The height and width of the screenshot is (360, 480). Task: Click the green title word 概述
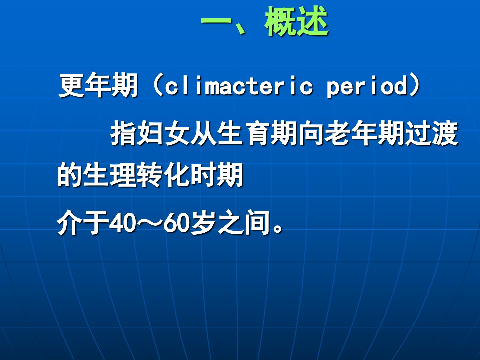click(296, 21)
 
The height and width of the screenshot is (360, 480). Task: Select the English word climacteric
click(239, 85)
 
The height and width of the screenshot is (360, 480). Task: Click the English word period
click(367, 86)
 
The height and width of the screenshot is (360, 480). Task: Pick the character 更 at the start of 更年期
click(72, 85)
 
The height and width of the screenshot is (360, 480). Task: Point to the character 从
click(203, 133)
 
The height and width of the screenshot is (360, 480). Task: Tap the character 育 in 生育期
click(257, 133)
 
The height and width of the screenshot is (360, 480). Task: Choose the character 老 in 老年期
click(337, 133)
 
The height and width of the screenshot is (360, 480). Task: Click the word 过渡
click(430, 133)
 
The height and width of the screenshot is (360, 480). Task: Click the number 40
click(122, 223)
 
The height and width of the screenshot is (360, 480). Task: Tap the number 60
click(176, 223)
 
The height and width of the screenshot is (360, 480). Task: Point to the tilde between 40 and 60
click(149, 223)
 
